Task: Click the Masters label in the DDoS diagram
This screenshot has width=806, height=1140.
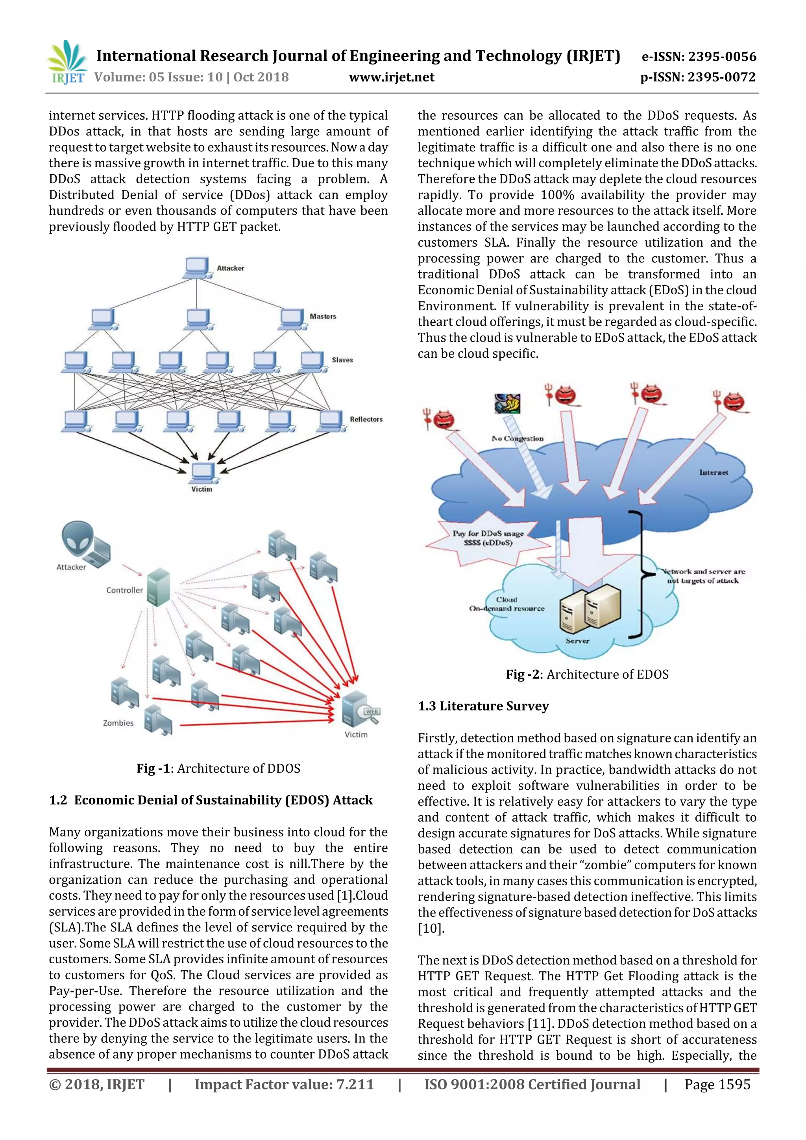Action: [323, 316]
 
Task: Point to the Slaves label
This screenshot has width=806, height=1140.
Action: [342, 360]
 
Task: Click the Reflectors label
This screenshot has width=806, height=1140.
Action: [366, 419]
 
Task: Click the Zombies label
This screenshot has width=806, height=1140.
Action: [118, 723]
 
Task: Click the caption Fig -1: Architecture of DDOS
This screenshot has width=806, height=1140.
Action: [218, 769]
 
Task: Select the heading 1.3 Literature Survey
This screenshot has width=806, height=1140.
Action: [483, 706]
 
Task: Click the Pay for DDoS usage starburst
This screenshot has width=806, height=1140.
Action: [488, 538]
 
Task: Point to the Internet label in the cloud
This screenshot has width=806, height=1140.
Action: [713, 472]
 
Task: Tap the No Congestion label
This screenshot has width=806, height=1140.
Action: [518, 438]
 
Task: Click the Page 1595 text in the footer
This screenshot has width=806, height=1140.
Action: [717, 1085]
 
